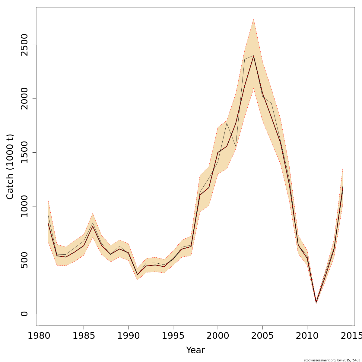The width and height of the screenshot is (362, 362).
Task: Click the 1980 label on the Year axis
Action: (39, 336)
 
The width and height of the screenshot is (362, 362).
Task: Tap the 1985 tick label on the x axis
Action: (84, 336)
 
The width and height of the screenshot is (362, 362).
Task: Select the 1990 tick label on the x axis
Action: (128, 336)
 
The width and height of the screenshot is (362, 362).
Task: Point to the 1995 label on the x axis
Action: (173, 336)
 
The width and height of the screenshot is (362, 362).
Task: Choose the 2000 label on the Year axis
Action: (218, 336)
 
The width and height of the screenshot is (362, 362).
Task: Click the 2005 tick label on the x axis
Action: (262, 336)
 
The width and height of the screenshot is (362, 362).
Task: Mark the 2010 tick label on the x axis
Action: (307, 336)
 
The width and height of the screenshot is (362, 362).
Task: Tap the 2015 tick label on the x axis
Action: (351, 336)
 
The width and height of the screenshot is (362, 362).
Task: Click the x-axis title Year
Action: (195, 350)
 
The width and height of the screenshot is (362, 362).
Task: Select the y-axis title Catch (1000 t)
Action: (10, 167)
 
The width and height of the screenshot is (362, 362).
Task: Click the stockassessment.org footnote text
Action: (332, 360)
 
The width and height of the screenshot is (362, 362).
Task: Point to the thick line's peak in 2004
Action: (253, 56)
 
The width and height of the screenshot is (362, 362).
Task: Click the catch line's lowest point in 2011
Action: (316, 302)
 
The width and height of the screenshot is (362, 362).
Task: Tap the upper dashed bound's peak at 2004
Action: (253, 19)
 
